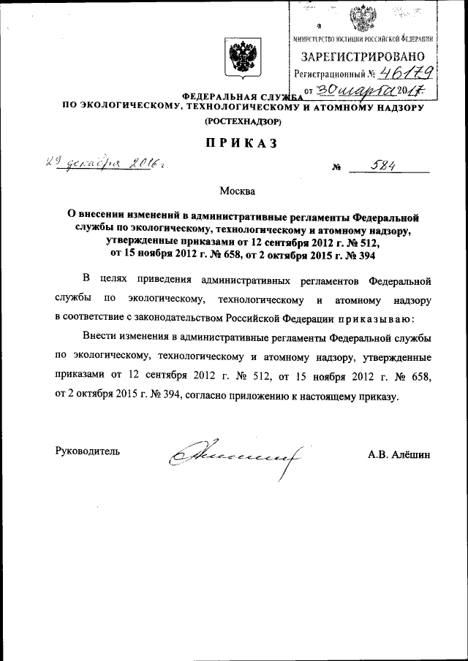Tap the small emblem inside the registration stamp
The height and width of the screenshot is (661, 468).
point(360,18)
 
